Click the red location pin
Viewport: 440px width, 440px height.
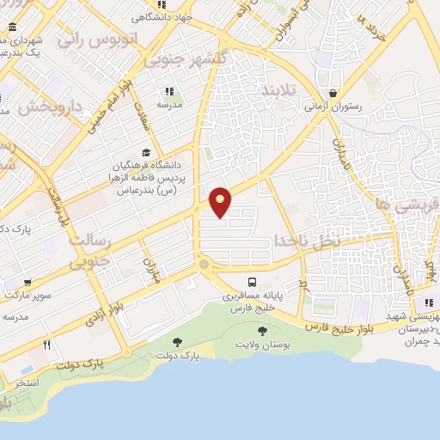tap(221, 200)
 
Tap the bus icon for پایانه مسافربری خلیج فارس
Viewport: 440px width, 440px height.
tap(252, 282)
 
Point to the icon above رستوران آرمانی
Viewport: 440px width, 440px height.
tap(333, 94)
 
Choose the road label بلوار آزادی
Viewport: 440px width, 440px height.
tap(106, 311)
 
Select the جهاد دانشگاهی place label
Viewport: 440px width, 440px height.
tap(162, 16)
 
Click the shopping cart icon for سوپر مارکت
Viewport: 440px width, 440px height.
tap(28, 282)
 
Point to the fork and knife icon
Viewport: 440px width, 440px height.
tap(47, 345)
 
